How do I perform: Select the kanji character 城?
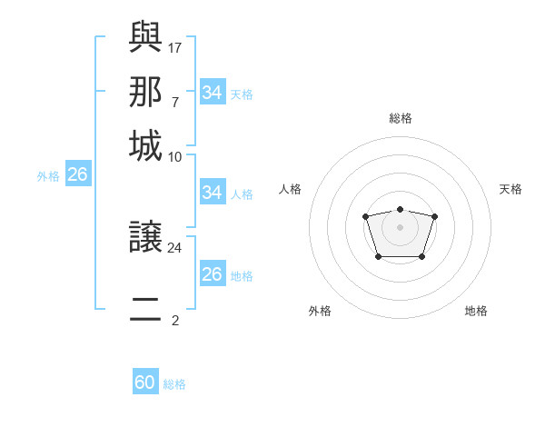(x=145, y=145)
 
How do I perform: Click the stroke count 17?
(x=174, y=45)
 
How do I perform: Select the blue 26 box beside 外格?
(x=77, y=175)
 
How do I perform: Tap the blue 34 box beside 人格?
(x=212, y=193)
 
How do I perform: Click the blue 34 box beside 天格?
(x=212, y=93)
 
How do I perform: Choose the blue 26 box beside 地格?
(x=212, y=274)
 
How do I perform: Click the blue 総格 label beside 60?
(x=174, y=384)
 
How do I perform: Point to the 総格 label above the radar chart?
(x=400, y=118)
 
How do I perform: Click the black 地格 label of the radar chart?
(x=476, y=311)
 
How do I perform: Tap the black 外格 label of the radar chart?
(x=320, y=311)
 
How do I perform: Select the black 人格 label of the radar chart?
(x=291, y=189)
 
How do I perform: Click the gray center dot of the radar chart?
(x=400, y=226)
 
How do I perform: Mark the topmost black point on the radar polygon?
(x=400, y=209)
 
